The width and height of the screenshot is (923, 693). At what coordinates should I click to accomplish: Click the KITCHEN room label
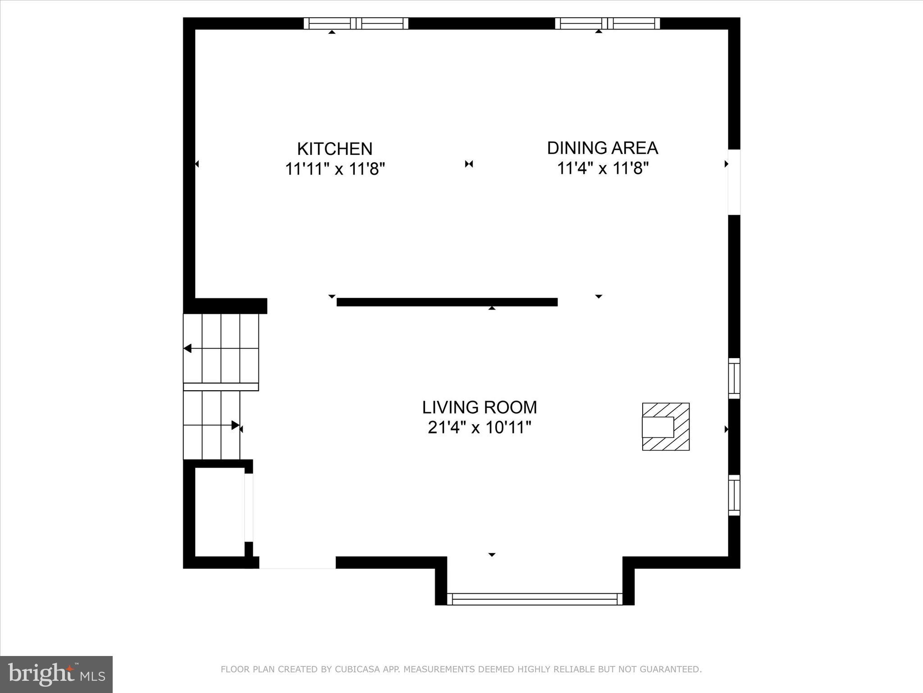tap(334, 149)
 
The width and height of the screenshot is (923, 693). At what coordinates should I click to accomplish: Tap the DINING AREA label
tap(603, 148)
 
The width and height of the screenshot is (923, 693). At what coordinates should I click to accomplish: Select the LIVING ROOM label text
tap(480, 407)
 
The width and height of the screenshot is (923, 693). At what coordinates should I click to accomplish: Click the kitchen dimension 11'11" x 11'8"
tap(334, 170)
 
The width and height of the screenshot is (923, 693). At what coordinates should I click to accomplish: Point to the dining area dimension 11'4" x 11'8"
tap(603, 169)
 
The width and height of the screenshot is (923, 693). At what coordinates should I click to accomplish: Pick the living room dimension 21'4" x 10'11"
tap(480, 428)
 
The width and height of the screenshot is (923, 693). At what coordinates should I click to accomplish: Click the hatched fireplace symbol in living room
tap(666, 426)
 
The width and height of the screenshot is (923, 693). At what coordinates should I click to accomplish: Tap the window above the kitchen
tap(356, 23)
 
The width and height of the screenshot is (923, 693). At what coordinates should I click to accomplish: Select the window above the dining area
tap(607, 23)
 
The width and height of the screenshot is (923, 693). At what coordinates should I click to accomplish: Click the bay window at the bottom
tap(535, 599)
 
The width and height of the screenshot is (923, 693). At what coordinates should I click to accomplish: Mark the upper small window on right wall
tap(734, 378)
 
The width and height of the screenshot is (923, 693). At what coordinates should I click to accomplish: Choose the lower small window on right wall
tap(734, 495)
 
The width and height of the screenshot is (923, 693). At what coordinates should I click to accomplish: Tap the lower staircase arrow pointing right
tap(235, 425)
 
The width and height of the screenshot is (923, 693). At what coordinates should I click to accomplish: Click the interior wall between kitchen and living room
tap(447, 302)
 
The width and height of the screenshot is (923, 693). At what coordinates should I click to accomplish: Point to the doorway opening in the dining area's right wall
tap(734, 182)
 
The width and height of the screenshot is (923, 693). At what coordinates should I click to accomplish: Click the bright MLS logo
tap(56, 674)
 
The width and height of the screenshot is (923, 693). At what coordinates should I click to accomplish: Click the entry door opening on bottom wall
tap(297, 563)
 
